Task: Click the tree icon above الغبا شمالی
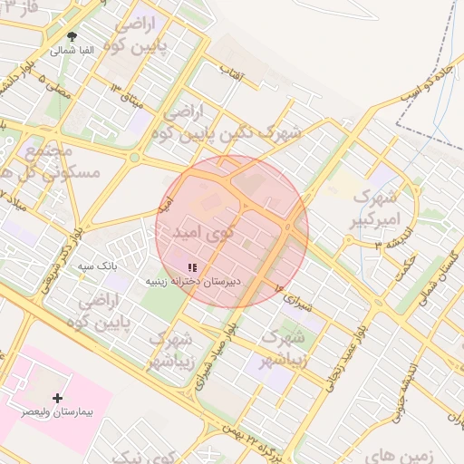click(72, 36)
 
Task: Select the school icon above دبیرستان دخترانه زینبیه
click(191, 267)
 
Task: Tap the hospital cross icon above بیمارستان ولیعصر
click(59, 397)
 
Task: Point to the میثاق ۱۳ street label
click(125, 95)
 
